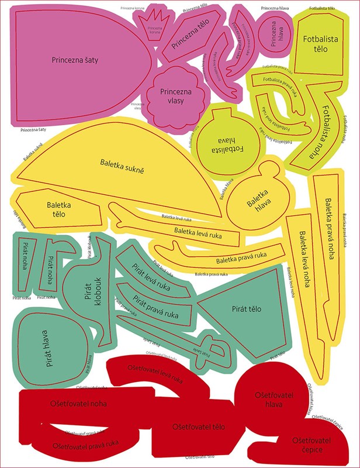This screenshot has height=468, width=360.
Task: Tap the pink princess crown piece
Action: click(155, 29)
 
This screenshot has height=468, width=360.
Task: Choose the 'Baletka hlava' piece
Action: click(257, 198)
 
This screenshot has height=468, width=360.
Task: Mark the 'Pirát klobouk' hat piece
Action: click(91, 290)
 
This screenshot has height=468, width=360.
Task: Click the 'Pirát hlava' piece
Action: click(47, 345)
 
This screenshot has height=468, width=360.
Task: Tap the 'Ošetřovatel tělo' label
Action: click(202, 426)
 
